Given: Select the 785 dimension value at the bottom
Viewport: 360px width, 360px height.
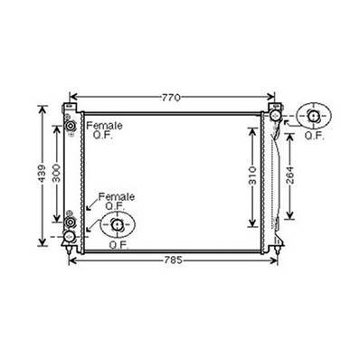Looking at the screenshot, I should point(173,260).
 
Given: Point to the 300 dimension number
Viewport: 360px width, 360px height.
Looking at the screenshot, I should point(56,175).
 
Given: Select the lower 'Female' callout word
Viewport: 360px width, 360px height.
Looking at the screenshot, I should point(116,196).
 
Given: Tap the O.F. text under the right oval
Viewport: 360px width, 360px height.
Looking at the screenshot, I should point(314,136).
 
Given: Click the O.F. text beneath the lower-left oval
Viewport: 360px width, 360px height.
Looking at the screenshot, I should point(118,244).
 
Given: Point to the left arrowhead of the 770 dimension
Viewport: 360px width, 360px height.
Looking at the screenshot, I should point(72,97).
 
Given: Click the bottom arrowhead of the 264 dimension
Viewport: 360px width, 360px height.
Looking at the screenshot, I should point(289,219).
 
